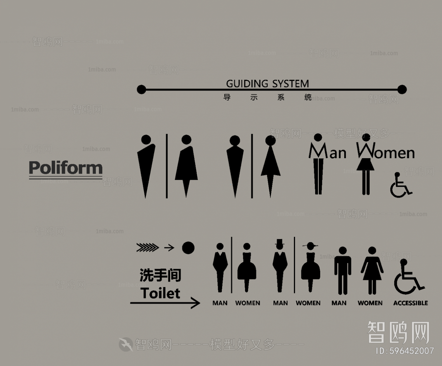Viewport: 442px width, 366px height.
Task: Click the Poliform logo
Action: point(66,168)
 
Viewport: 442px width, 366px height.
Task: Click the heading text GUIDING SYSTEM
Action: point(267,83)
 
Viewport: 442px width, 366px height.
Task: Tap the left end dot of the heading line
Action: point(141,90)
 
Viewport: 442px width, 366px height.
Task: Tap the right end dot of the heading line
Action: point(402,90)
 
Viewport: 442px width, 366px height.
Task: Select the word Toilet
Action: point(160,293)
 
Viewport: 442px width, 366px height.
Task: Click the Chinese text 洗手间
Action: point(160,275)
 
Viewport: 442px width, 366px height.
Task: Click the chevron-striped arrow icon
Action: point(148,247)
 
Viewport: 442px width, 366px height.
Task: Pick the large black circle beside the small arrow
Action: point(188,248)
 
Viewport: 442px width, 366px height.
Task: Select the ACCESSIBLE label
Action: point(410,303)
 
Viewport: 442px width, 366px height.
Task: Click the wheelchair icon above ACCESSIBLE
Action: point(408,277)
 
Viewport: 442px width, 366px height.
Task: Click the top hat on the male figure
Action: point(279,243)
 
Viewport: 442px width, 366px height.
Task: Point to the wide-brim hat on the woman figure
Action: point(310,245)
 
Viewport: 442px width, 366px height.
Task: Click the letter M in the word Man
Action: point(318,151)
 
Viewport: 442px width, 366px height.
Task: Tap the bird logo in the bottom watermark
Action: point(125,344)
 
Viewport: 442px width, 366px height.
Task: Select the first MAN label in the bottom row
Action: point(220,303)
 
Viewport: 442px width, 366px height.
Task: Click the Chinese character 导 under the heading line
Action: point(227,97)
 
